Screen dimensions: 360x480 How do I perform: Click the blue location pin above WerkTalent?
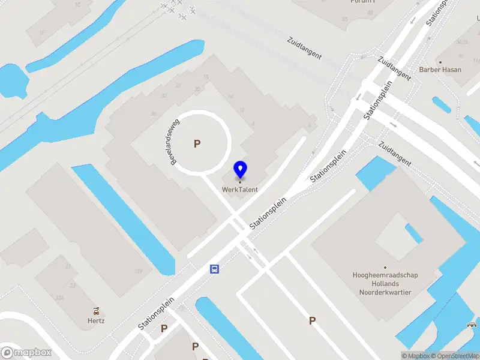click(x=240, y=169)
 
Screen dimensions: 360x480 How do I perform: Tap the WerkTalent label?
click(x=240, y=190)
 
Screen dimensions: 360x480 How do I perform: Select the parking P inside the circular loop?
click(x=196, y=143)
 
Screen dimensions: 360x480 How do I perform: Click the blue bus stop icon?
click(x=214, y=269)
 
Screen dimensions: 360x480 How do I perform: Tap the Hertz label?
click(x=96, y=320)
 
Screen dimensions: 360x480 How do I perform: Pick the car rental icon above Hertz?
click(x=96, y=310)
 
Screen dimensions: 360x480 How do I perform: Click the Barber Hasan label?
click(x=440, y=70)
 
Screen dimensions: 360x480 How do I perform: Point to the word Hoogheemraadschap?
click(x=385, y=275)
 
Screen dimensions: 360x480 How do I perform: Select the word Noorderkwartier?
click(x=385, y=292)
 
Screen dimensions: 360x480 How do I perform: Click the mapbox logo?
click(x=26, y=352)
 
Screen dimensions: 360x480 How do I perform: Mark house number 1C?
click(x=77, y=5)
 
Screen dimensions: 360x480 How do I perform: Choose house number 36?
click(x=154, y=114)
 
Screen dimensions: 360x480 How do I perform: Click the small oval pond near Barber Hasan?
click(x=442, y=105)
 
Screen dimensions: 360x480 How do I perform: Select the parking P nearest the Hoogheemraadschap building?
click(x=312, y=321)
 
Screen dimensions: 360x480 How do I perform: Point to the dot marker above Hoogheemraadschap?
click(x=385, y=268)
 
